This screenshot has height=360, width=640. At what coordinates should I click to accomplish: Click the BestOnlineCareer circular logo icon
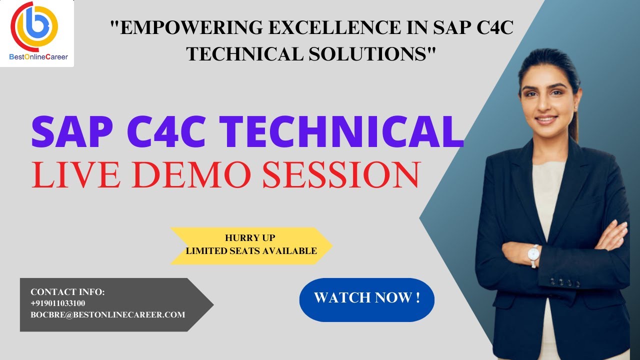(x=35, y=25)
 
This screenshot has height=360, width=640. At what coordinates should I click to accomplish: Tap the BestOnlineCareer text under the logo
(x=38, y=57)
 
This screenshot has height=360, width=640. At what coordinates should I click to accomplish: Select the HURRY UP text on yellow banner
(x=250, y=238)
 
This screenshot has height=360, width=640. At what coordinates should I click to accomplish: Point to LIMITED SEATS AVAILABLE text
(x=251, y=250)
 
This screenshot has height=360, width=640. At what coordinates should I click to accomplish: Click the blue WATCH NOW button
(x=366, y=298)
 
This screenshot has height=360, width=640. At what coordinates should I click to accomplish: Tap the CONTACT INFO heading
(x=67, y=292)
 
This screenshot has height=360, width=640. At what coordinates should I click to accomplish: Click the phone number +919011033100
(x=58, y=303)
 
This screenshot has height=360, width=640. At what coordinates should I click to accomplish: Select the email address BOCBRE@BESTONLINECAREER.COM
(x=107, y=315)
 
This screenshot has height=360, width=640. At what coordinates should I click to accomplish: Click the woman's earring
(x=575, y=107)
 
